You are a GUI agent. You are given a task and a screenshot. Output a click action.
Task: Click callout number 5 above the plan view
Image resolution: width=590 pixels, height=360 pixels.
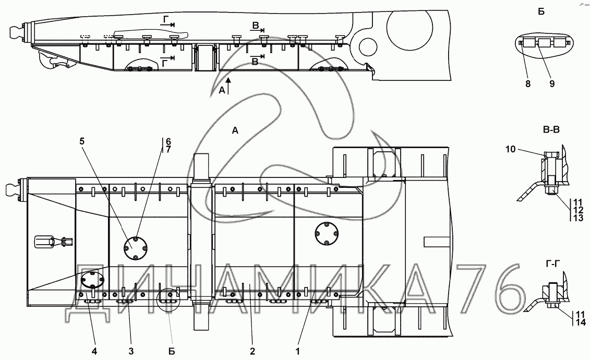coord(82,141)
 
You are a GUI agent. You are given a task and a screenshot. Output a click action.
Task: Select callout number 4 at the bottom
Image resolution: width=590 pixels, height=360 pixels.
coord(94,352)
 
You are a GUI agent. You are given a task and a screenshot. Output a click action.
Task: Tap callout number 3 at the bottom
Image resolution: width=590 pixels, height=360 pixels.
coord(131,352)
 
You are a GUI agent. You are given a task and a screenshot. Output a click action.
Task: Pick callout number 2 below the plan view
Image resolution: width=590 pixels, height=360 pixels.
coord(252,352)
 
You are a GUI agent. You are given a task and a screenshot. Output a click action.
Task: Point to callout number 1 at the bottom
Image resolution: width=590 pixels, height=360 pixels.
coord(298,352)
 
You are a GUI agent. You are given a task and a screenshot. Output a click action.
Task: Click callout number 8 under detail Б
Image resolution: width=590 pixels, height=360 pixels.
coord(528,85)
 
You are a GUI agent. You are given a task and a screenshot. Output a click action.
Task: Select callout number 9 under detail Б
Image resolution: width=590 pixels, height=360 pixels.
coord(552,85)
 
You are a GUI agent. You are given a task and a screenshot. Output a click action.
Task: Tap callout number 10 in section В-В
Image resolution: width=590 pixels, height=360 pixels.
coord(510,149)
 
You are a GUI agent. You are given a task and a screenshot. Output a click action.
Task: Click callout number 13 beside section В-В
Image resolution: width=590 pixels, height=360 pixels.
coord(579,218)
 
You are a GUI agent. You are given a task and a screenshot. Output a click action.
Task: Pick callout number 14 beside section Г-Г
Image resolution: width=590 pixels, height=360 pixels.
coord(581,322)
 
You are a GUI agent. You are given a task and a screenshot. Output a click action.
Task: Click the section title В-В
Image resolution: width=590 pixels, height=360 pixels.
coord(551,130)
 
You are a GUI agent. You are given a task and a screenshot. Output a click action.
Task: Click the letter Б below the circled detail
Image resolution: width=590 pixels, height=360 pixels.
coord(171,352)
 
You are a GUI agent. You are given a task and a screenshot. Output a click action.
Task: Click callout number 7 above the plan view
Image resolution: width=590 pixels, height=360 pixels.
coord(168,149)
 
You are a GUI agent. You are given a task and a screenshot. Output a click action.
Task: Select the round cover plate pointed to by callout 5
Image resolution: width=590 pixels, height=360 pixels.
coord(136,248)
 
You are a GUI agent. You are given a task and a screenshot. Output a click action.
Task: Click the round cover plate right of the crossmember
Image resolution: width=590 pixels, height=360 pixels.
coord(326,234)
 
